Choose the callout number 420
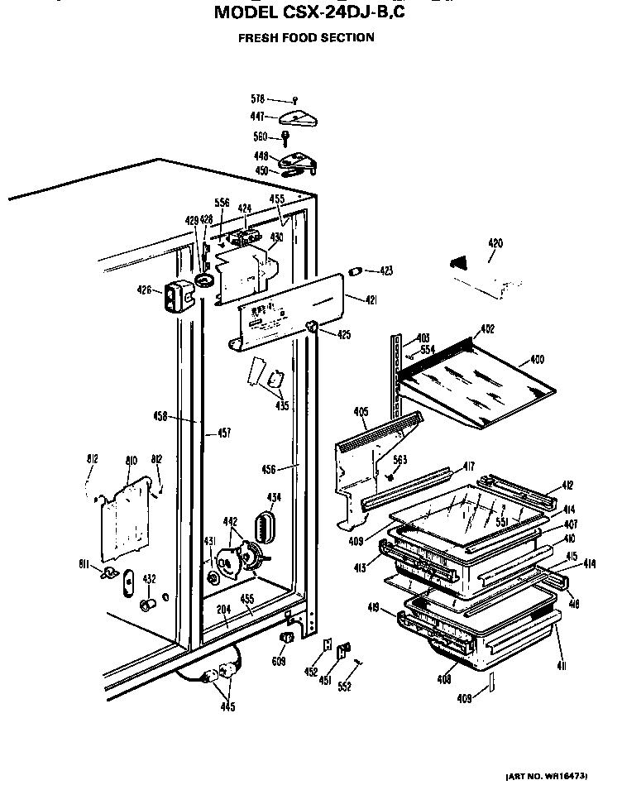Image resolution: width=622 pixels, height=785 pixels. point(495,243)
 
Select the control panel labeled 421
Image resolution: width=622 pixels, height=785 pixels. point(289,310)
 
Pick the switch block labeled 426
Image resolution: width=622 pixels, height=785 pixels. point(175,294)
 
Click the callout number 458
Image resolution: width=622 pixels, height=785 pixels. point(161,417)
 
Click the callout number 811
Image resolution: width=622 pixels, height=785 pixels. point(84,565)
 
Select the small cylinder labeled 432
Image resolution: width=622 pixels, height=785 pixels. point(146,606)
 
